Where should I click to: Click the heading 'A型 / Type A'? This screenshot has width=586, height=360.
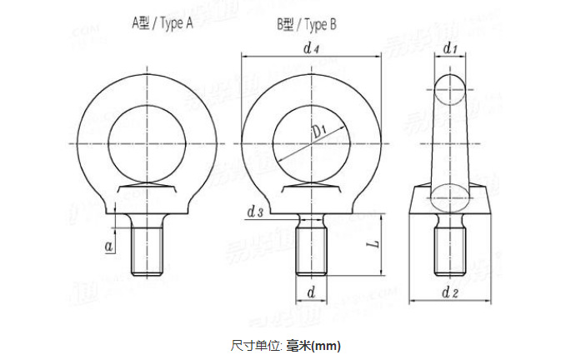point(163,24)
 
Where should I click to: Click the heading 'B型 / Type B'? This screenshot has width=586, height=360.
point(307,24)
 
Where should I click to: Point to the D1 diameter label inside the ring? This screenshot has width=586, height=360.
point(320,131)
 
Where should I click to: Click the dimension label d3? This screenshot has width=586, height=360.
point(255,213)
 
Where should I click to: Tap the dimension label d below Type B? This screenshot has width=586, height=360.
point(311,292)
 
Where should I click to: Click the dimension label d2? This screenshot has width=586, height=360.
point(450,292)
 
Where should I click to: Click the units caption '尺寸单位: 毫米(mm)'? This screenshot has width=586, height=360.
point(286,344)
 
